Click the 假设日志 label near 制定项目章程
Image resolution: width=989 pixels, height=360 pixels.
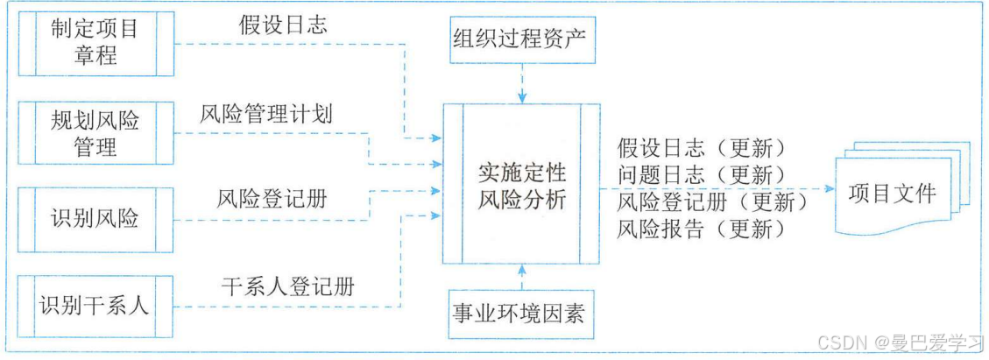click(x=283, y=25)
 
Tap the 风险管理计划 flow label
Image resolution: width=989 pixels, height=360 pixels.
click(x=266, y=114)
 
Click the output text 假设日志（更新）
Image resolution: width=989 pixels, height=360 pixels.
click(x=701, y=146)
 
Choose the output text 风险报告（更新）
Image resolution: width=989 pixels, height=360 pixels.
click(x=701, y=230)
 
